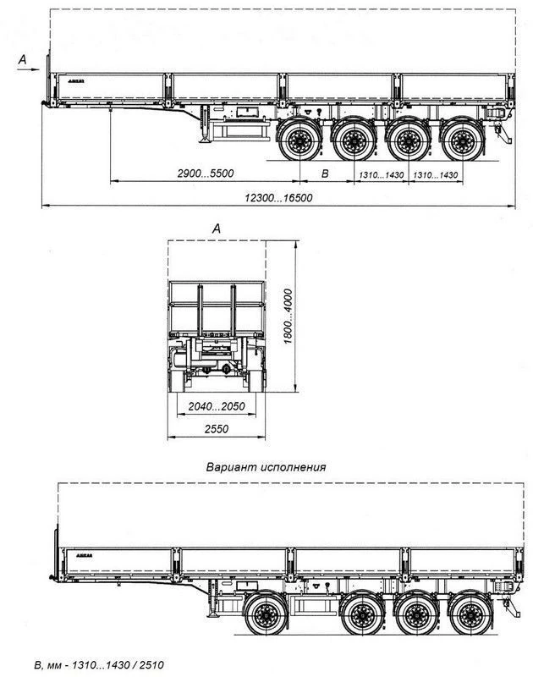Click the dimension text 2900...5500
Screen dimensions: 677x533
point(206,173)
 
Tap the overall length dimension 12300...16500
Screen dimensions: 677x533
point(278,197)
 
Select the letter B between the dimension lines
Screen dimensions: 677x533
point(326,173)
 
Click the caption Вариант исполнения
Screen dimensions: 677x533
point(266,466)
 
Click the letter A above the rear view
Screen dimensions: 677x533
point(217,228)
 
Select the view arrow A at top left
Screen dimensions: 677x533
point(25,58)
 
